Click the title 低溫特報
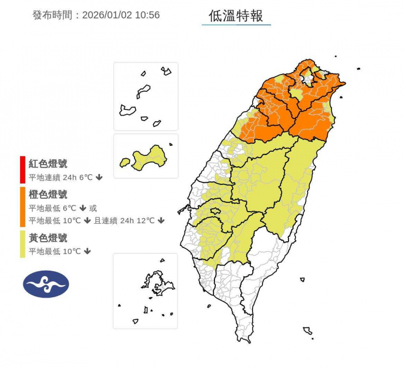coord(236,15)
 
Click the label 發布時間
coord(52,15)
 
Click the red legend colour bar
coord(22,170)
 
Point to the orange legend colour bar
coord(22,207)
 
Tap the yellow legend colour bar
coord(22,244)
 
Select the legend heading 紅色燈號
coord(48,164)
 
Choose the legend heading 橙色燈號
coord(48,195)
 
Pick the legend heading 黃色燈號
coord(48,238)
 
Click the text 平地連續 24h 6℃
coord(60,177)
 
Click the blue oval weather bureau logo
coord(46,284)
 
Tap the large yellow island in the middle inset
coord(150,157)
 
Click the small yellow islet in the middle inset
coord(124,162)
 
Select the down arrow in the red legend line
coord(99,177)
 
